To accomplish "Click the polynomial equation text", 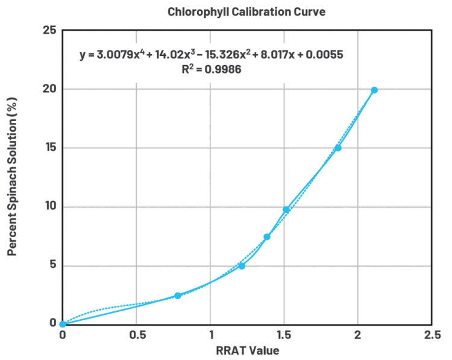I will point(212,55).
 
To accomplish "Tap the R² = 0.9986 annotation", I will point(212,69).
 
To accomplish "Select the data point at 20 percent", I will point(374,90).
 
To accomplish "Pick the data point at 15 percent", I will point(338,147).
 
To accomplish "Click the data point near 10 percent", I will point(286,209).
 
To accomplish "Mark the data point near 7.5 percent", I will point(267,237).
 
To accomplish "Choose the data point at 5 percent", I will point(242,265).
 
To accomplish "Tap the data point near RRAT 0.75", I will point(177,296).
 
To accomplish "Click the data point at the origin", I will point(63,324).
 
